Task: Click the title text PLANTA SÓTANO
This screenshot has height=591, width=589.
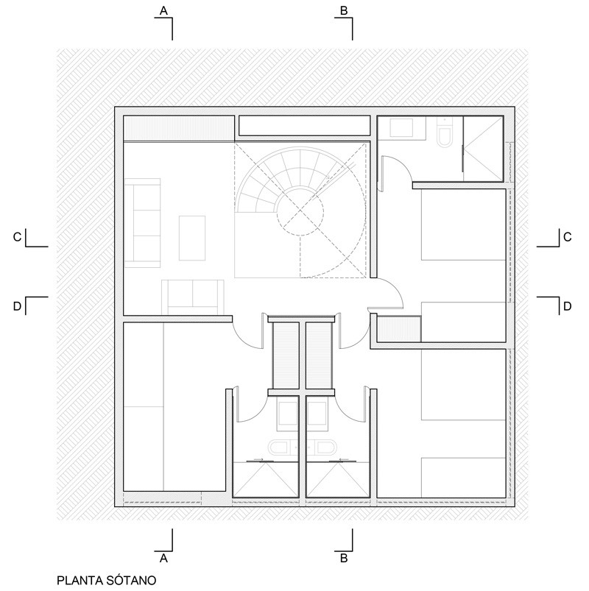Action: click(x=106, y=580)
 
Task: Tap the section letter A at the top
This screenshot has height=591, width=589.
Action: click(x=163, y=10)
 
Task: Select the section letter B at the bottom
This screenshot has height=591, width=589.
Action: click(x=344, y=558)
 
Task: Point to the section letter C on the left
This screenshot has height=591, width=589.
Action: click(x=17, y=237)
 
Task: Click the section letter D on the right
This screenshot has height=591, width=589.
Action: click(x=567, y=306)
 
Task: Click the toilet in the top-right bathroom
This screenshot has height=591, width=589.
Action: click(x=445, y=132)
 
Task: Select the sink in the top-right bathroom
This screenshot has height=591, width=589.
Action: click(x=401, y=128)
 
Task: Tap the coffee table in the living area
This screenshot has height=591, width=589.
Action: click(x=192, y=238)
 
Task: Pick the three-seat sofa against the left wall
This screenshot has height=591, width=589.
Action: click(x=142, y=223)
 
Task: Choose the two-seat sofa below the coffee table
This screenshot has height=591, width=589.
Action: click(x=192, y=297)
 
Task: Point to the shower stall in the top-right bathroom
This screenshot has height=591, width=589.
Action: click(x=483, y=149)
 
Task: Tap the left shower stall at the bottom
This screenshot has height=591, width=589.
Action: click(x=266, y=479)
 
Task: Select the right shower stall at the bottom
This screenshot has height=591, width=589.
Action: click(x=338, y=479)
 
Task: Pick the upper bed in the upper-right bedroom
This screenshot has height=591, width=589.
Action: click(x=463, y=224)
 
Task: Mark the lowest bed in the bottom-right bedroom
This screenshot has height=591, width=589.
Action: click(x=463, y=478)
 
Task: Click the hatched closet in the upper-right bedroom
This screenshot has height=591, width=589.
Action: click(x=399, y=329)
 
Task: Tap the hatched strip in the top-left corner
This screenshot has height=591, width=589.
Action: click(x=179, y=129)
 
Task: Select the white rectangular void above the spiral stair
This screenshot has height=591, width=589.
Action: click(x=305, y=126)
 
